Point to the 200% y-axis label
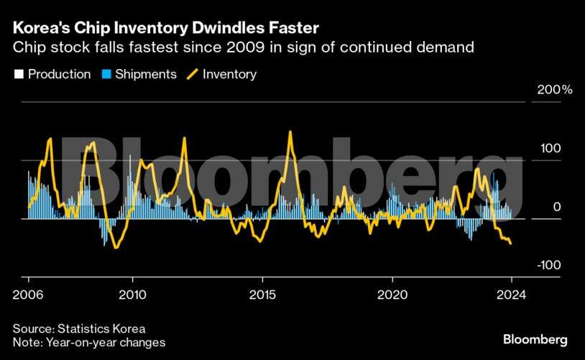(556, 91)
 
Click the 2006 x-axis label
(28, 294)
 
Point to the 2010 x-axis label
(132, 294)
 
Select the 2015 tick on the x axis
(262, 294)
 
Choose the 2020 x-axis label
(392, 294)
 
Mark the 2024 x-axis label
(511, 294)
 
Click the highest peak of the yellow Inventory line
(290, 131)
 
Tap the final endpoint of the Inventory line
(511, 244)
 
